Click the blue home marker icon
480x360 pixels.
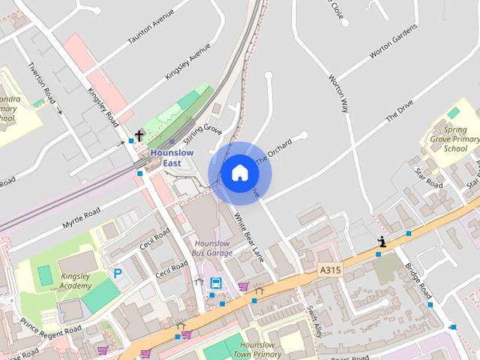pyautogui.click(x=239, y=172)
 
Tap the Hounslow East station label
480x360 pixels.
pyautogui.click(x=172, y=157)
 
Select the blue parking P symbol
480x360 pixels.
pyautogui.click(x=118, y=274)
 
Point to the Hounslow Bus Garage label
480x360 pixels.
pyautogui.click(x=213, y=248)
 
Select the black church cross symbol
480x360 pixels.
pyautogui.click(x=139, y=136)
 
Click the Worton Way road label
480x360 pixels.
pyautogui.click(x=339, y=94)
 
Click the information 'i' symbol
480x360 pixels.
pyautogui.click(x=382, y=241)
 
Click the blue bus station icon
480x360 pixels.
pyautogui.click(x=216, y=283)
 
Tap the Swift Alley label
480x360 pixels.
pyautogui.click(x=314, y=318)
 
